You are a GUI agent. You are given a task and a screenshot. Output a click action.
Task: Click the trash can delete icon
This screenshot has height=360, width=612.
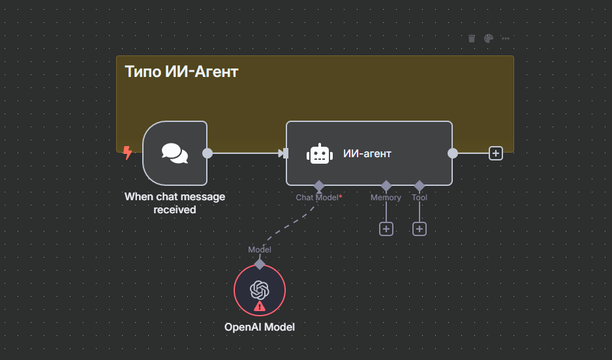pos(472,38)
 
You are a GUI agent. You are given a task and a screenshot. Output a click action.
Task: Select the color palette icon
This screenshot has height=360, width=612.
pos(489,38)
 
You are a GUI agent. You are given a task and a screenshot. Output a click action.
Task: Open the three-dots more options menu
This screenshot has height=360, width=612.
pos(506,38)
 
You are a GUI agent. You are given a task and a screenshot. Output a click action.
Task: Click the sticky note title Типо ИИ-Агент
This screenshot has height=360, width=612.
pos(181,72)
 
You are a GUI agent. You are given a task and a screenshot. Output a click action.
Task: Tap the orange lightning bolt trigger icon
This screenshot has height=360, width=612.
pos(128,153)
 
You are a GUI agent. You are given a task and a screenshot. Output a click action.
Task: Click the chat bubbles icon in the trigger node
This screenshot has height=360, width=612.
pos(175,153)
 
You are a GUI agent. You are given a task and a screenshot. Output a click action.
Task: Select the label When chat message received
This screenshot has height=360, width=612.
pos(175,203)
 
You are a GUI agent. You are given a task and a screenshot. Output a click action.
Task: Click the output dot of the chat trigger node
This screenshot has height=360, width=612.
pos(207,153)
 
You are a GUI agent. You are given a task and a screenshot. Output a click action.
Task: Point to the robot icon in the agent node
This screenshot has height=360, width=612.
pos(319,154)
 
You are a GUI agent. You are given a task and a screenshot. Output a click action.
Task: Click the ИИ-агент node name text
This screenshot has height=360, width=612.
pos(367,154)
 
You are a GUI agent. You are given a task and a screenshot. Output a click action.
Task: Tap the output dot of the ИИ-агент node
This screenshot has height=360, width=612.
pos(453,153)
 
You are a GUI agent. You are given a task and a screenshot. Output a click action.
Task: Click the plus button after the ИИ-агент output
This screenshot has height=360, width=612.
pos(496,153)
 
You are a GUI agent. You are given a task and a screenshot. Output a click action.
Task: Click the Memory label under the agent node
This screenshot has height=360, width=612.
pos(386,197)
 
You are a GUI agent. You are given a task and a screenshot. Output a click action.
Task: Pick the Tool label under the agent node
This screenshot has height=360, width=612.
pos(420,197)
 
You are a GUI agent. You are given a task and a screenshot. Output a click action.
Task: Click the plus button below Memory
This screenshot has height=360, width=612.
pos(386,229)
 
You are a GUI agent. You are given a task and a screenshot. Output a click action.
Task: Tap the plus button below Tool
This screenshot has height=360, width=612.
pos(420,229)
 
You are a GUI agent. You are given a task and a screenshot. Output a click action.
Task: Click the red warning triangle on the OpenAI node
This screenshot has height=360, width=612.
pos(260,305)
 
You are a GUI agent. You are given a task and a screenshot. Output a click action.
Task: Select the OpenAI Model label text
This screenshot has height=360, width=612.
pos(260,327)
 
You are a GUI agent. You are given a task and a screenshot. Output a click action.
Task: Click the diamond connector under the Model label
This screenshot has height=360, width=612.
pos(260,264)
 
